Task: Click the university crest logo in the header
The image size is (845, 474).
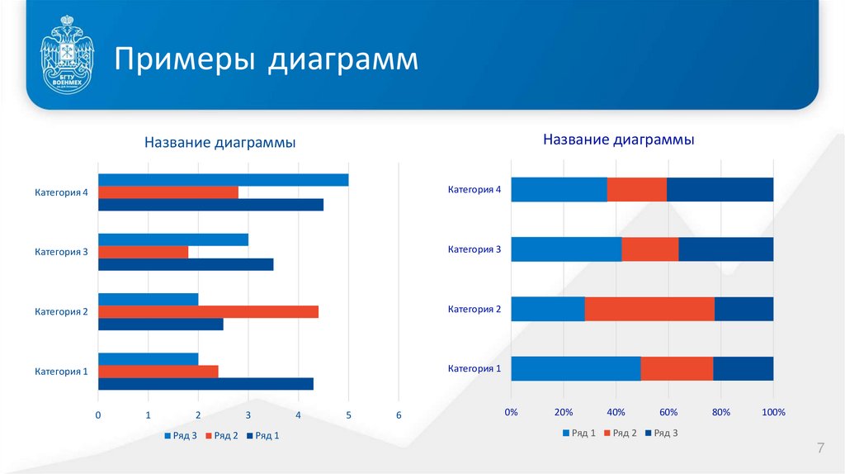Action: click(x=67, y=59)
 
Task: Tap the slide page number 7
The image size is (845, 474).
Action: click(x=820, y=448)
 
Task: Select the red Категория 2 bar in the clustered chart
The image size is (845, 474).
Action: click(x=208, y=311)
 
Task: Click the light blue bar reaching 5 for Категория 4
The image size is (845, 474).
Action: click(x=223, y=180)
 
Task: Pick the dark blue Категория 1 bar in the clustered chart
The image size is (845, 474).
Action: click(x=205, y=383)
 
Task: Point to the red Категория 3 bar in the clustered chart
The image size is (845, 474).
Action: click(x=143, y=252)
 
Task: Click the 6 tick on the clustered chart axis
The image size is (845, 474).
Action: click(x=399, y=415)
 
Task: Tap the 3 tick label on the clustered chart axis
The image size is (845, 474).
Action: click(x=248, y=415)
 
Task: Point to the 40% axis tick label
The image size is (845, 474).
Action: click(x=616, y=412)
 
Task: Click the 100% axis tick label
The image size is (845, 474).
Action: click(x=773, y=412)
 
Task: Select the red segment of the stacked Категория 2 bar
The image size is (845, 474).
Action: click(x=649, y=309)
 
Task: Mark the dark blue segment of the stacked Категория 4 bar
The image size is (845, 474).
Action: click(x=720, y=190)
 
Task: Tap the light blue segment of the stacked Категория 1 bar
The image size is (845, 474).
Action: click(x=575, y=368)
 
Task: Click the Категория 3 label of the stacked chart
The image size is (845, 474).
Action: click(x=474, y=249)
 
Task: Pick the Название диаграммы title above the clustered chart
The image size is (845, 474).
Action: click(x=220, y=144)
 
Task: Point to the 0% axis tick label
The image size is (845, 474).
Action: click(x=511, y=412)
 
